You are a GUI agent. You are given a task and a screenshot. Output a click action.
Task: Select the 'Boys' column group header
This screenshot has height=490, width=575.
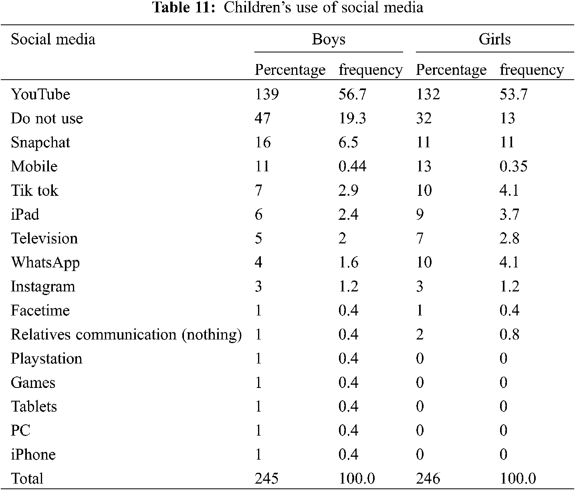328,39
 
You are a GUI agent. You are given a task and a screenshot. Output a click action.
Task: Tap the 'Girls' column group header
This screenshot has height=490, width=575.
494,39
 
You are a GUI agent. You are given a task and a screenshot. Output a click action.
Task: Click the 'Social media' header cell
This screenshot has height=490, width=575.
53,39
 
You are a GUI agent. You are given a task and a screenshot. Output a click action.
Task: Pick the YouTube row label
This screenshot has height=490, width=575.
40,94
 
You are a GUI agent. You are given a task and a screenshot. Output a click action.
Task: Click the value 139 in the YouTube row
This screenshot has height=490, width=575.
267,94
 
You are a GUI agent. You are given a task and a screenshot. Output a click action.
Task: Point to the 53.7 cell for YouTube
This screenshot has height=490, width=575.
513,94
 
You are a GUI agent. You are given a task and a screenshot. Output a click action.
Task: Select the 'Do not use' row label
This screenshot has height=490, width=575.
47,118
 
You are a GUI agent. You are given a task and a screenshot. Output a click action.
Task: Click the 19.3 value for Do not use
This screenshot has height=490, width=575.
352,118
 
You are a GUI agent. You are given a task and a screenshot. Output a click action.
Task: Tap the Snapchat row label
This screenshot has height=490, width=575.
40,143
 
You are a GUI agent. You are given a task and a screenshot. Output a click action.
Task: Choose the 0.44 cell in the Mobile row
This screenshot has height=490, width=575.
352,167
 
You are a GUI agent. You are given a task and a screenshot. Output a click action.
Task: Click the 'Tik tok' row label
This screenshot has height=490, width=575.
34,191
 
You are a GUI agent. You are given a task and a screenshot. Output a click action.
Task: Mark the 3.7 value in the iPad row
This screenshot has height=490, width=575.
509,215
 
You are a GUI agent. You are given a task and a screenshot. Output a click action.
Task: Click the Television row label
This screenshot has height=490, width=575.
44,239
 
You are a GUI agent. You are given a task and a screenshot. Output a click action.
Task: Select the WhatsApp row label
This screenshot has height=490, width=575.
45,263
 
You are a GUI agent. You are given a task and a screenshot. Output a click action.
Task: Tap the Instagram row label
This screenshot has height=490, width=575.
43,287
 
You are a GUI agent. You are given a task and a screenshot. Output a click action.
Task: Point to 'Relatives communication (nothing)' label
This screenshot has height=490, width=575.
126,335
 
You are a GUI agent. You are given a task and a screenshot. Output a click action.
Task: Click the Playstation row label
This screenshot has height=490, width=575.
46,359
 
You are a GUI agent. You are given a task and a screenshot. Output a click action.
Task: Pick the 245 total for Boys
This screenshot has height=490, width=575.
267,479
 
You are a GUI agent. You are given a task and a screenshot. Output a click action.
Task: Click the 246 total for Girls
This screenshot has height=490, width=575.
428,479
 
